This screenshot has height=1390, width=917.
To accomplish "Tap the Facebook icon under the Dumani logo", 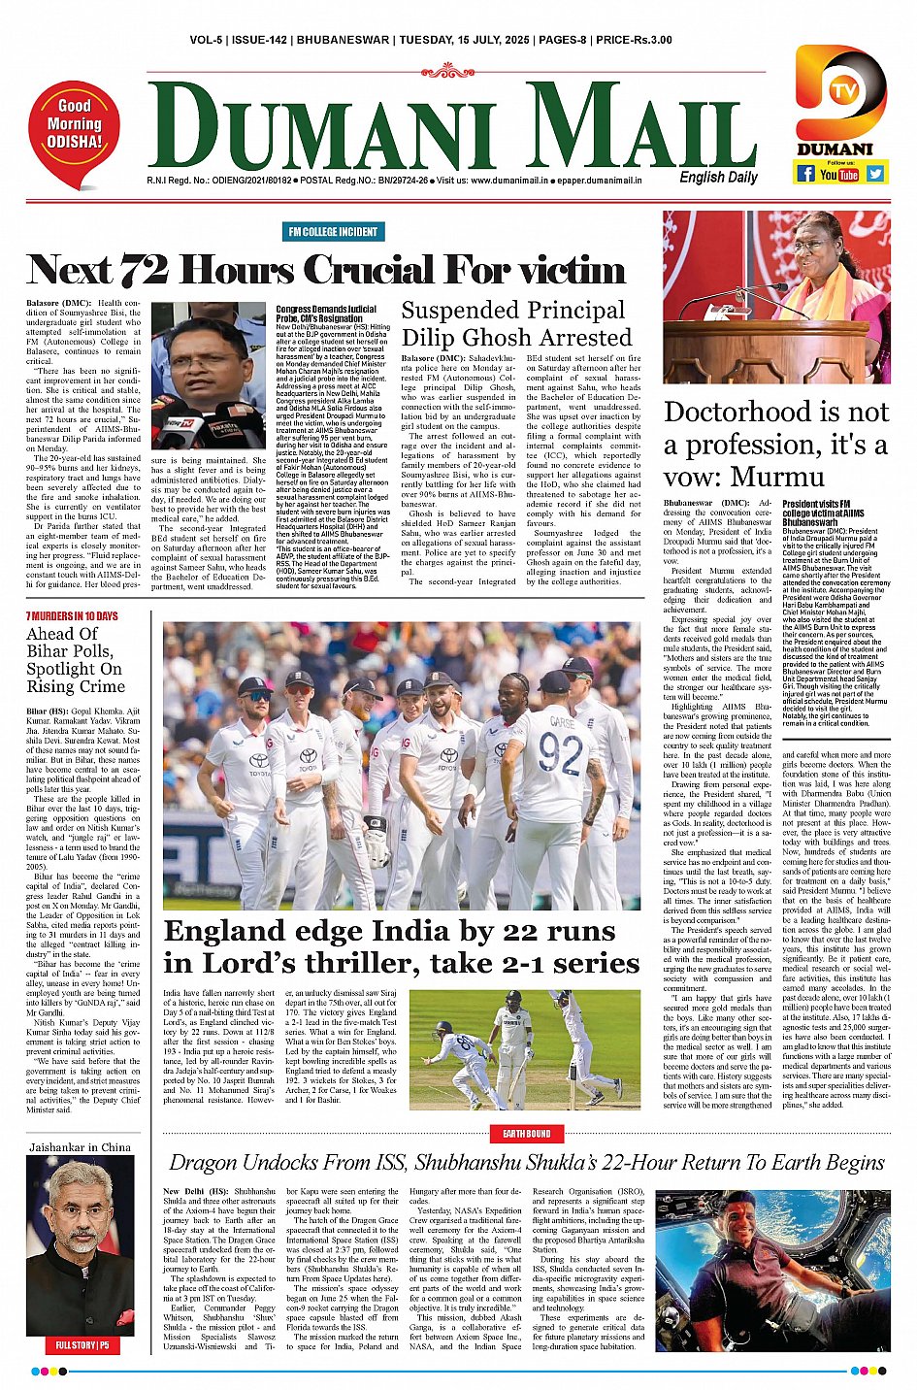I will coord(804,174).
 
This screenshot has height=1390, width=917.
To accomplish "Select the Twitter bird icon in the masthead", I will coord(875,174).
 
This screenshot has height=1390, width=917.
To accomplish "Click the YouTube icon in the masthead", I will coord(839,175).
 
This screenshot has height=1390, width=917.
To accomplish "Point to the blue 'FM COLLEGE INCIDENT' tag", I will coord(332,231).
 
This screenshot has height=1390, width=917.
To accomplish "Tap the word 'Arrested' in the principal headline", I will coord(585,338).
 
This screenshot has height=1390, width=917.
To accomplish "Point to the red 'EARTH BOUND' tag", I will coord(526,1134).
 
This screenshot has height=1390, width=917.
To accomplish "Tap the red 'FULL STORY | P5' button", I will coord(82,1346).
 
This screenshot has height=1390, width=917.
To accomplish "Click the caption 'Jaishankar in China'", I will coord(80,1147).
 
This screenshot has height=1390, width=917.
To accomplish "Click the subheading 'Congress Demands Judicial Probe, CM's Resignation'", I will coord(326,314).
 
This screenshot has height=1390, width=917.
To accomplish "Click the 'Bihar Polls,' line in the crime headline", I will coord(71,650).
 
